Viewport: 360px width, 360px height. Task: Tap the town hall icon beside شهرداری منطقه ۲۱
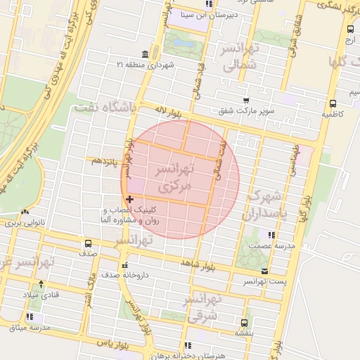coord(145,54)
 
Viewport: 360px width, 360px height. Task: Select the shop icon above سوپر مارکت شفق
coord(245,101)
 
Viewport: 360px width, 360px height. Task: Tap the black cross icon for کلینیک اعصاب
coord(129,200)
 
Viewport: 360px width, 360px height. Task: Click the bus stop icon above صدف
coord(87,243)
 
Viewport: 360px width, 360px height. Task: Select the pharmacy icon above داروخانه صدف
coord(125,266)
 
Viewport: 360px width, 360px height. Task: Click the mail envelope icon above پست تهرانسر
coord(264,271)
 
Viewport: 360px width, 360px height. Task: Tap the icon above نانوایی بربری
coord(26,212)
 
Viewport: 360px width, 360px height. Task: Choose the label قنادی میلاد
coord(44,295)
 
